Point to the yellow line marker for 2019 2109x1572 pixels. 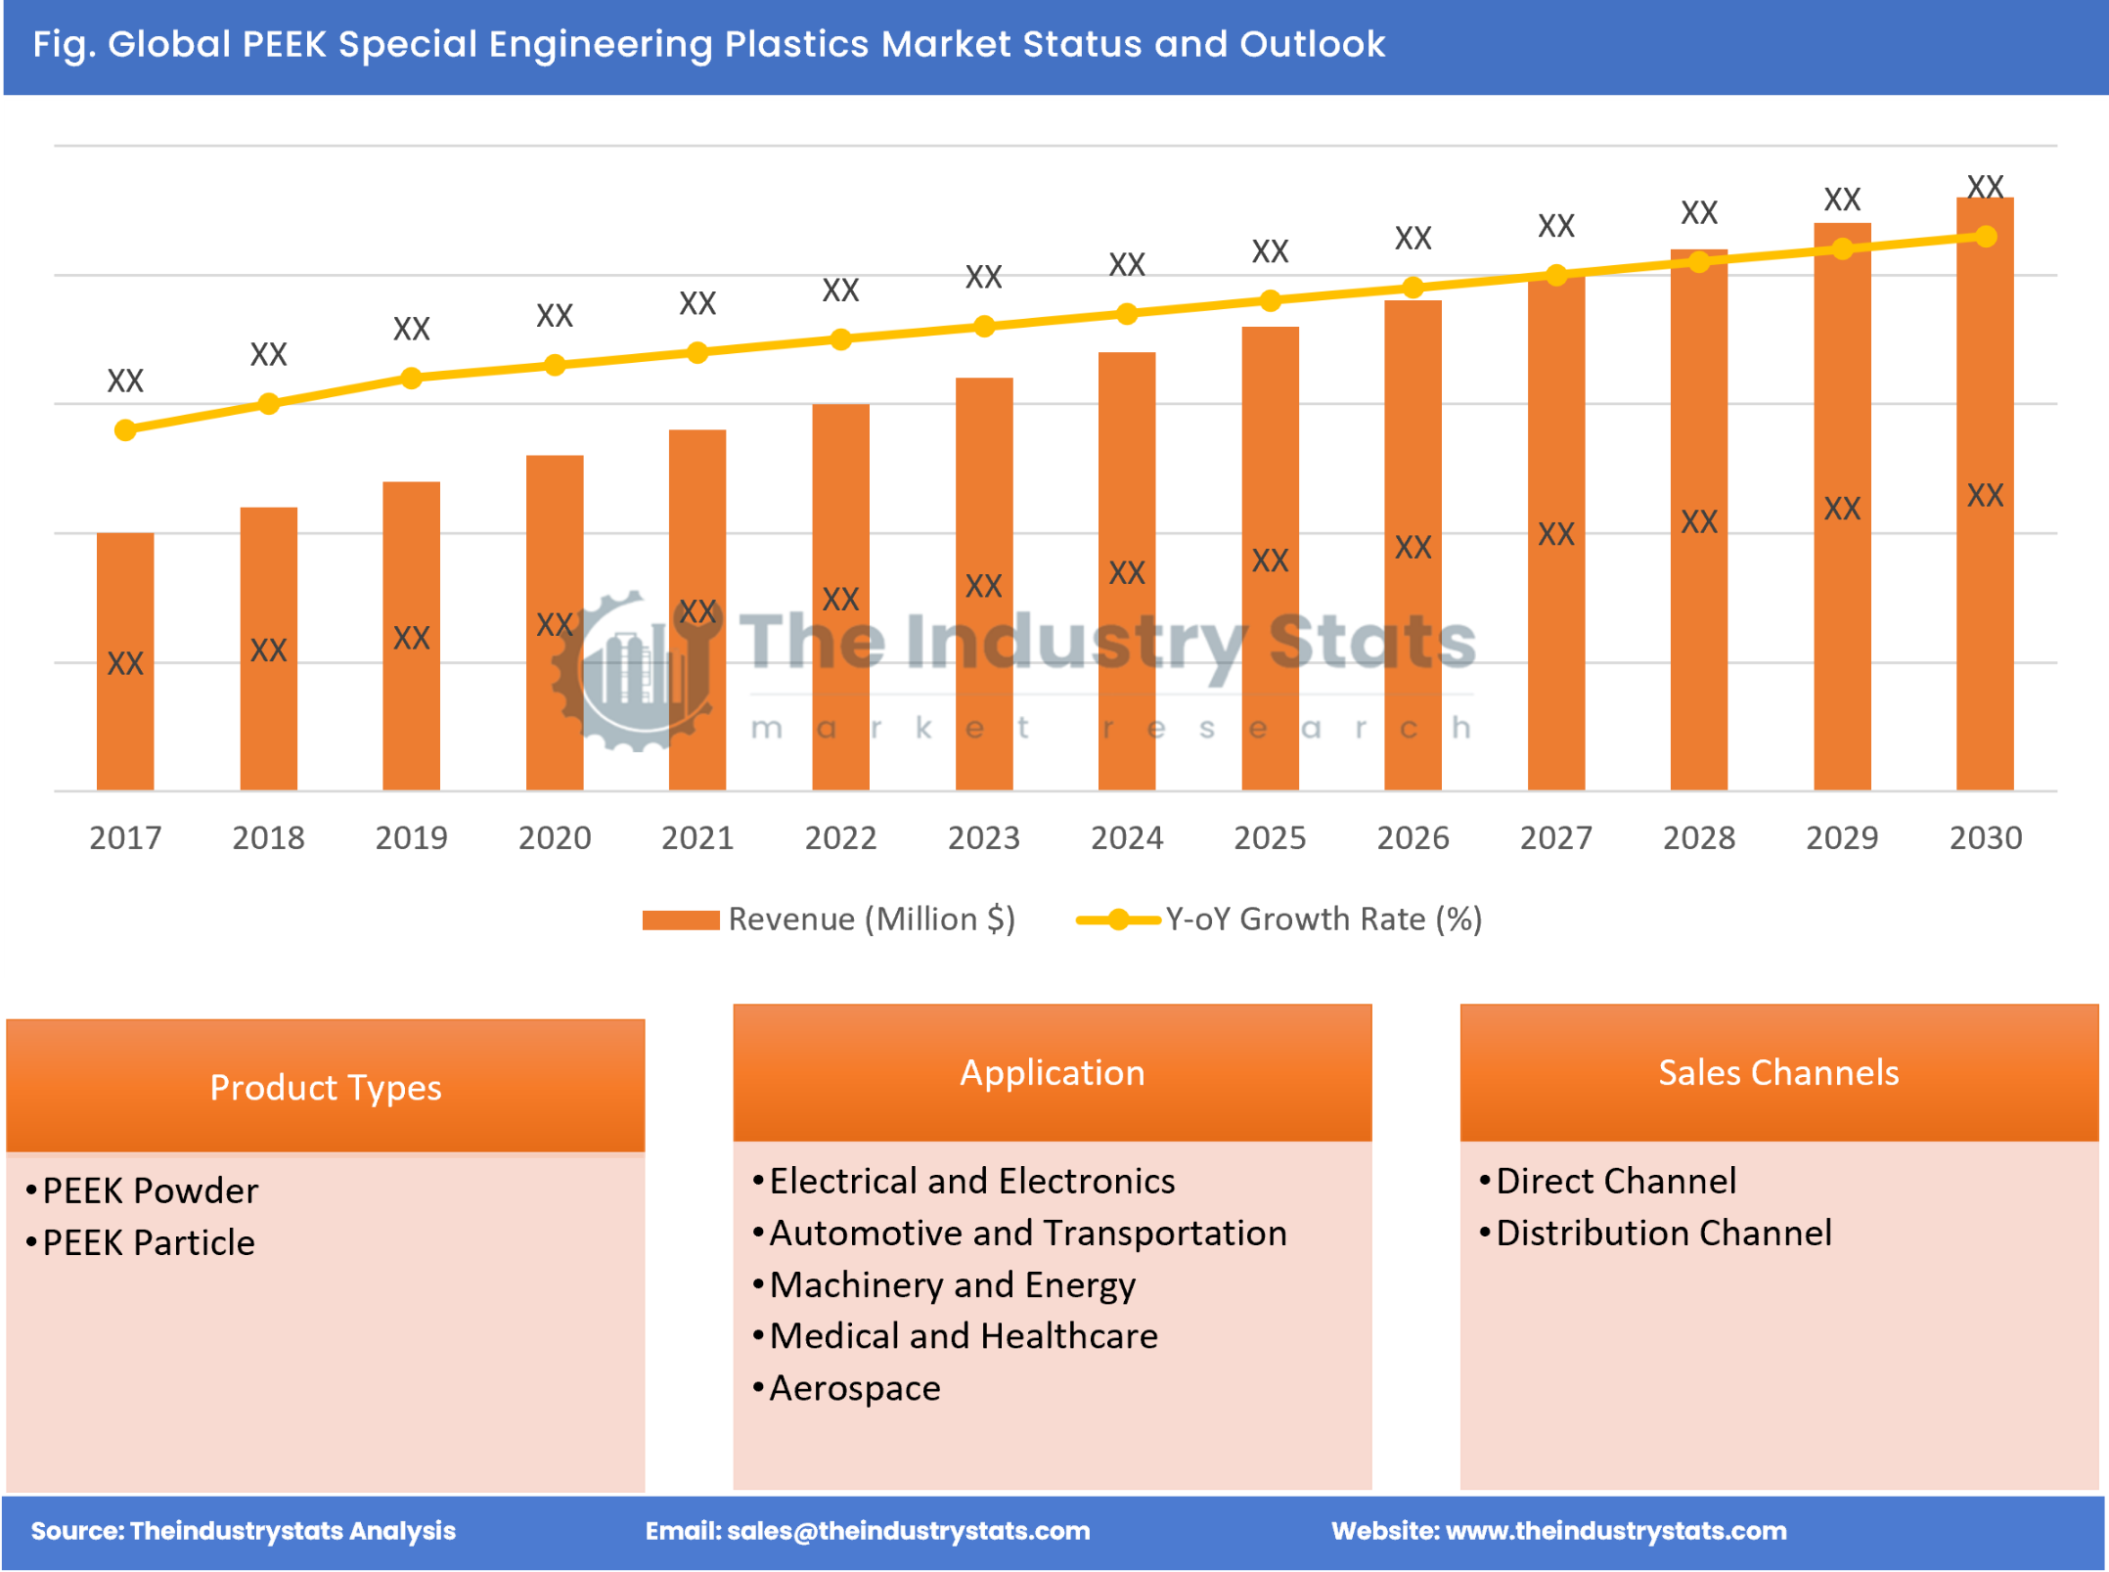tap(412, 378)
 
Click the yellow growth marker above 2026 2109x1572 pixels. tap(1413, 288)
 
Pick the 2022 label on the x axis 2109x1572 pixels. tap(840, 837)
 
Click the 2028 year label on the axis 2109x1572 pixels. tap(1698, 837)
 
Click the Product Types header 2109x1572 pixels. tap(326, 1087)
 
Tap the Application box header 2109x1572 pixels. tap(1052, 1072)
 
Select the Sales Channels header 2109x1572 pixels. tap(1778, 1072)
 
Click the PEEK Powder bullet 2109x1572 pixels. tap(150, 1190)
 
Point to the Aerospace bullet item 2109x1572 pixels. tap(854, 1388)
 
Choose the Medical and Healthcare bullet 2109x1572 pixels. tap(963, 1336)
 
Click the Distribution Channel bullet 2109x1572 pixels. tap(1663, 1233)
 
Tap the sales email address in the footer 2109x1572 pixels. tap(908, 1531)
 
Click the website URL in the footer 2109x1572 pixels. tap(1615, 1531)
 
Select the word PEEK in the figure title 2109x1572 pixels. tap(284, 44)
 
